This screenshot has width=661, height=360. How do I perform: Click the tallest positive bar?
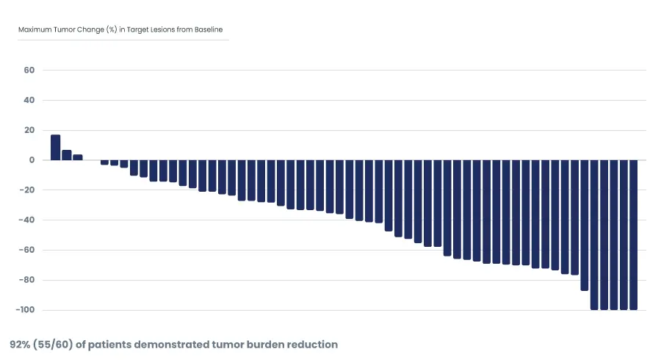55,147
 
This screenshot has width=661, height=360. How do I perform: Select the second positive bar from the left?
67,155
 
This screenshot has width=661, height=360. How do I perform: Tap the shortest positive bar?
78,157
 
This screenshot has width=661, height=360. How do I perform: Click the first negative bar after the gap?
104,162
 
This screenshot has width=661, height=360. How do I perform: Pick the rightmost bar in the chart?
633,235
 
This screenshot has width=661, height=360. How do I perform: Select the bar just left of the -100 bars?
585,225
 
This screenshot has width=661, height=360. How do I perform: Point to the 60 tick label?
29,71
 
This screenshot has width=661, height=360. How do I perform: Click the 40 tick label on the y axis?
29,100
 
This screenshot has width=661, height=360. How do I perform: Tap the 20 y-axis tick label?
29,130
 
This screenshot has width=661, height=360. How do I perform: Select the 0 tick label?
32,160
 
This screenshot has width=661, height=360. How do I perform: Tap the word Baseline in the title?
206,30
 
